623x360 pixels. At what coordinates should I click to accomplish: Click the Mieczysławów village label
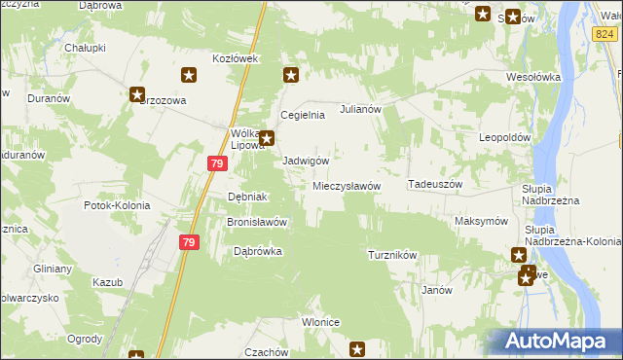[346, 186]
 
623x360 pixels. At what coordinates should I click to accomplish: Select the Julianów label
[358, 110]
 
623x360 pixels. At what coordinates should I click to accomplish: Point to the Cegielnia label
[302, 115]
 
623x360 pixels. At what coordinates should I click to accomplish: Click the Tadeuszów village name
[434, 184]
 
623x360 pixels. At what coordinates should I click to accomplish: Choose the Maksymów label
[481, 221]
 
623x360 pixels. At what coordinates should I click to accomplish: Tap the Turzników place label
[392, 255]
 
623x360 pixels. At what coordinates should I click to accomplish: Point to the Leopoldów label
[502, 137]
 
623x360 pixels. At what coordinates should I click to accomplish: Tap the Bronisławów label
[256, 221]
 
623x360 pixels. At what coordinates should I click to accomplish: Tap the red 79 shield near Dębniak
[217, 166]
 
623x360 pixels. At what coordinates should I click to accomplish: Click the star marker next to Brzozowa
[137, 93]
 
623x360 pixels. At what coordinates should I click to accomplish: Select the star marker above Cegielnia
[290, 74]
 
